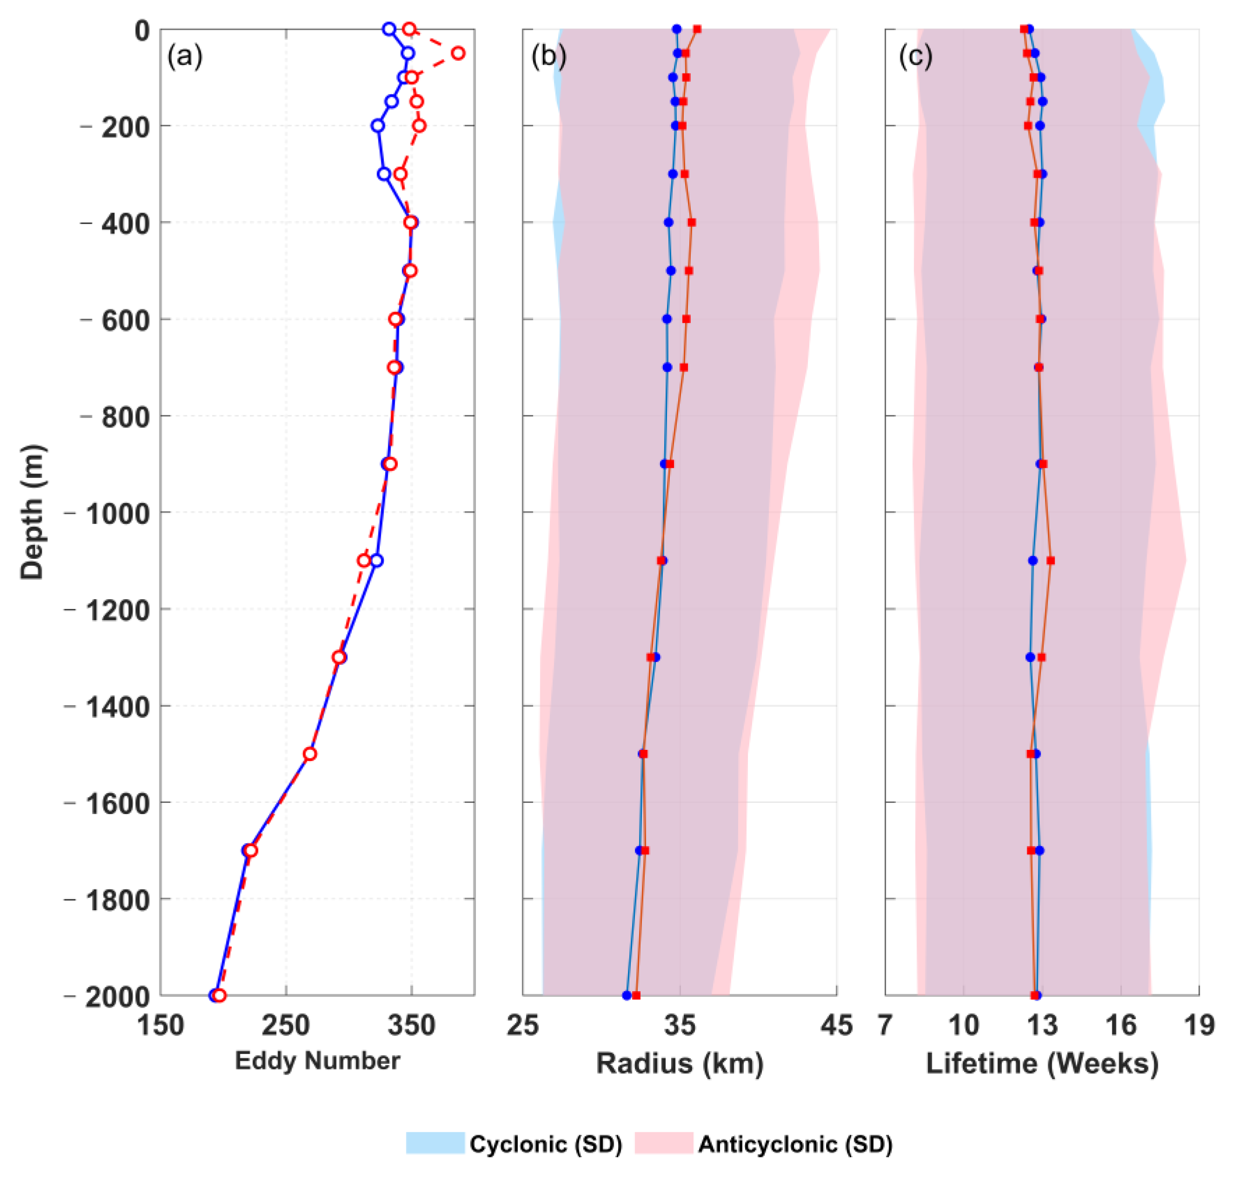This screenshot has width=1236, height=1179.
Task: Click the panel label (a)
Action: (184, 57)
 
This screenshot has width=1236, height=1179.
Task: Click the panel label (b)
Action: (548, 57)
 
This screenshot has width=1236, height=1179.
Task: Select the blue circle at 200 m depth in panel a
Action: (377, 126)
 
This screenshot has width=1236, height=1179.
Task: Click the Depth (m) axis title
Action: (32, 512)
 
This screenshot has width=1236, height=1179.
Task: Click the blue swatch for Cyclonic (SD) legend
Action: (435, 1143)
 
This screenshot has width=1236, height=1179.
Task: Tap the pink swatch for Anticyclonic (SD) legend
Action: (664, 1143)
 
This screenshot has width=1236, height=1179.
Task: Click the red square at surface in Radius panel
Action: (697, 29)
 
